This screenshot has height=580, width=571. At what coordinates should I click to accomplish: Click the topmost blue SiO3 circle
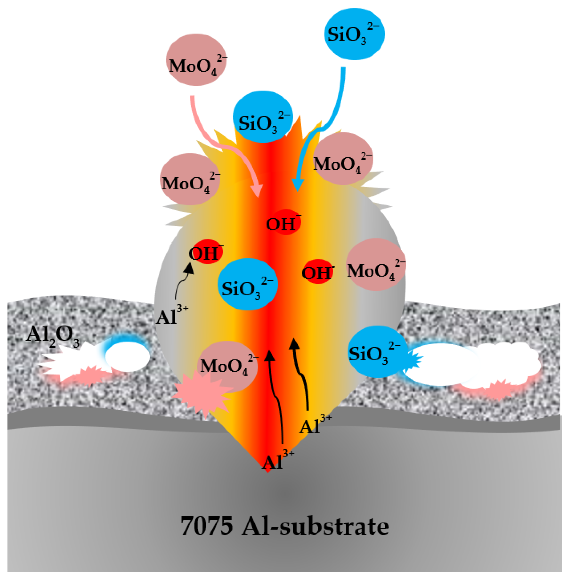pos(355,34)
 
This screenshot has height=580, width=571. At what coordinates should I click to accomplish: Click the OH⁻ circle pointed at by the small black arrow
pos(206,252)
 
